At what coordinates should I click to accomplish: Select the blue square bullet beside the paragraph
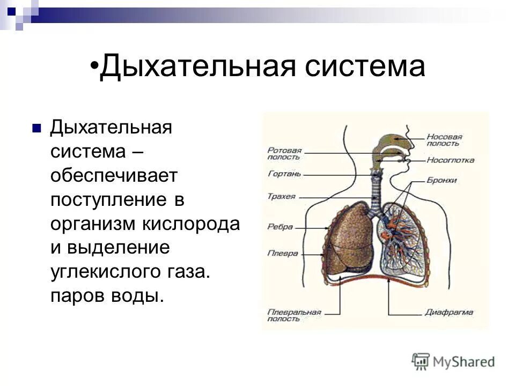[x=36, y=129]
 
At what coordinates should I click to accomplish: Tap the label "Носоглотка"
[x=450, y=160]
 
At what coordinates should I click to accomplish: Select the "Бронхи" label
[x=442, y=181]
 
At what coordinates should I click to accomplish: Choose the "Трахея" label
[x=281, y=196]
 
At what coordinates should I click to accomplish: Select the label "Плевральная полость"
[x=293, y=315]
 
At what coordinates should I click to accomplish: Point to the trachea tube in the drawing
[x=376, y=193]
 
